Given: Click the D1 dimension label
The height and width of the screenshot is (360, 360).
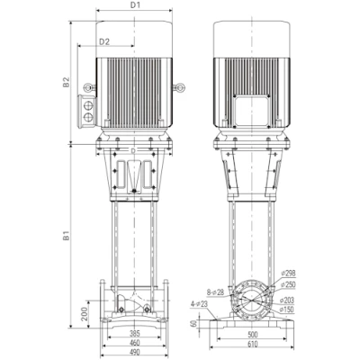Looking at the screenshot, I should pos(134,6).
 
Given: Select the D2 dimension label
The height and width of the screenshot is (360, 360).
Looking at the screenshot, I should pos(103,40).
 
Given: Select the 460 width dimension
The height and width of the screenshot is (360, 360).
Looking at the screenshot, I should pos(135,342).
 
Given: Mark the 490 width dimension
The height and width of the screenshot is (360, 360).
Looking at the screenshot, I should pos(135,352).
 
